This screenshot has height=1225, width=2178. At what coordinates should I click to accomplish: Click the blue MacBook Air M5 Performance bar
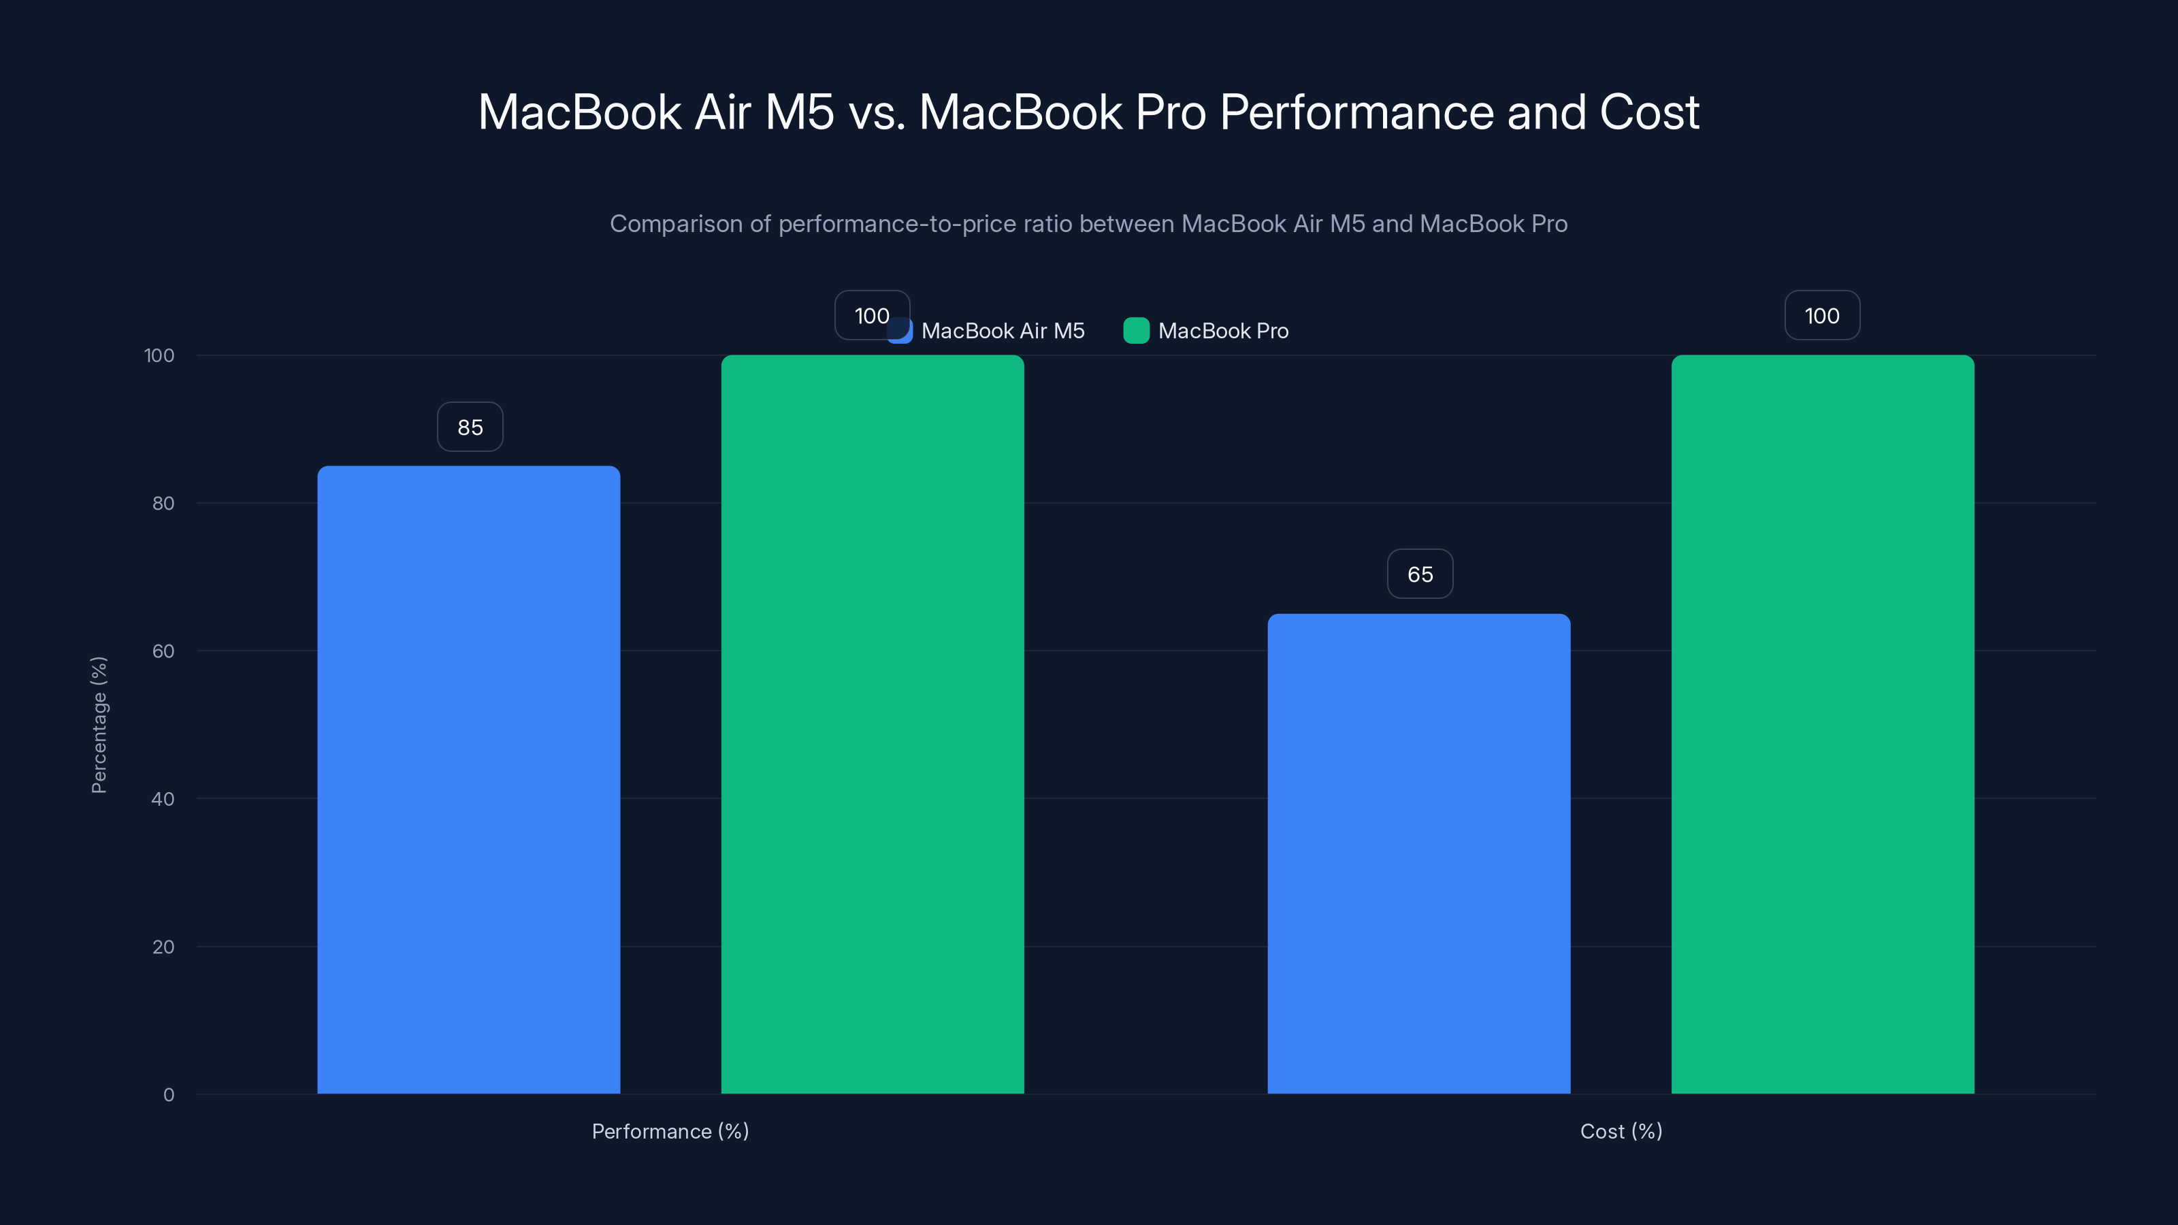pos(468,778)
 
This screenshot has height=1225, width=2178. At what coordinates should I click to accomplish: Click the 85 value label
pos(470,427)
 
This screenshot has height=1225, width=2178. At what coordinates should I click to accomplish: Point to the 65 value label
pos(1420,574)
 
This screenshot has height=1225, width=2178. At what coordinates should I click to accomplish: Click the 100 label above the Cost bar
pos(1821,315)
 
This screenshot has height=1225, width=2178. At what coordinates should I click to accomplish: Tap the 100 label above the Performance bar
pos(871,315)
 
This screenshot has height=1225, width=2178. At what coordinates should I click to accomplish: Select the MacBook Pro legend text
pos(1222,331)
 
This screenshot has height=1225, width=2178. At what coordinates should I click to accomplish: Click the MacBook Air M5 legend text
pos(1003,331)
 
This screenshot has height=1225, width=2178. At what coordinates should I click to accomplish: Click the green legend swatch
pos(1135,331)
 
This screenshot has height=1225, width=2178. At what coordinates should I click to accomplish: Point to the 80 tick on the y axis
pos(163,503)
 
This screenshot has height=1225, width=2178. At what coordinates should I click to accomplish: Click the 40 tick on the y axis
pos(163,799)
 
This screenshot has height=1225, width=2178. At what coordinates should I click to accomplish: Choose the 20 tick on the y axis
pos(163,947)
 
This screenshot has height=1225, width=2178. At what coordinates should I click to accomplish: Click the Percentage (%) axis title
pos(99,725)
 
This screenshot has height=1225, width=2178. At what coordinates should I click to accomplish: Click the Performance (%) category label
pos(670,1131)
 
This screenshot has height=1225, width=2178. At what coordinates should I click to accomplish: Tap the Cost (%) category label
pos(1621,1131)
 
